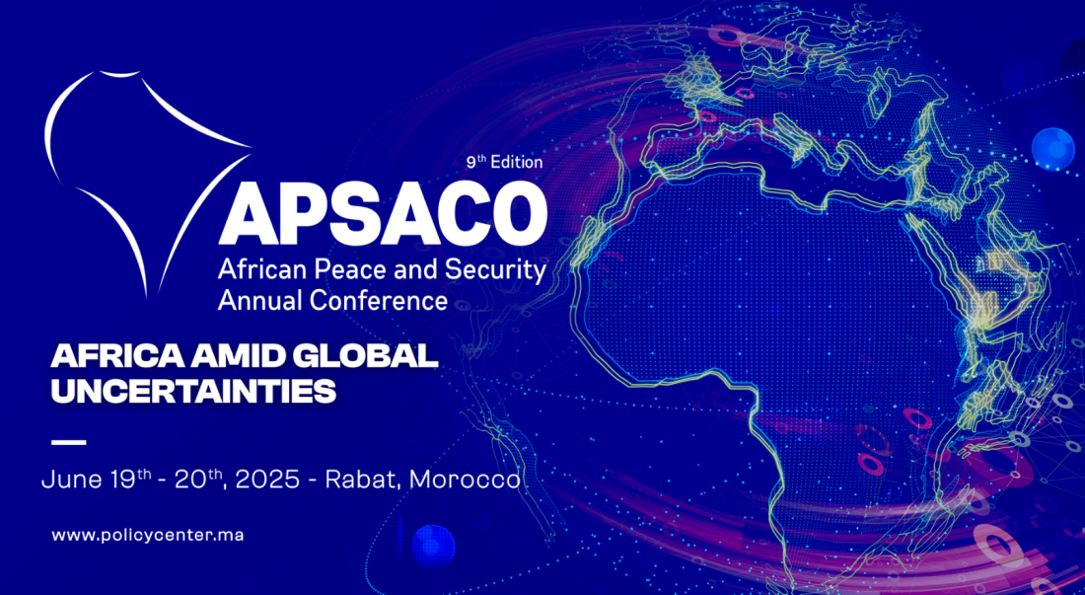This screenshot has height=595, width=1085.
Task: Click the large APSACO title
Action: click(383, 213)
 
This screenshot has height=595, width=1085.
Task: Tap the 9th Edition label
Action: click(504, 163)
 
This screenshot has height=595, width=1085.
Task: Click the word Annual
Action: click(260, 301)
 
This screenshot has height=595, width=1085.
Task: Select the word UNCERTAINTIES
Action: click(193, 391)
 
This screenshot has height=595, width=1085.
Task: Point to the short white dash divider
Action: click(68, 442)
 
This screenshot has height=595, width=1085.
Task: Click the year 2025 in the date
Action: click(267, 480)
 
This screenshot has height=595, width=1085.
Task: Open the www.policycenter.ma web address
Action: click(147, 536)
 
